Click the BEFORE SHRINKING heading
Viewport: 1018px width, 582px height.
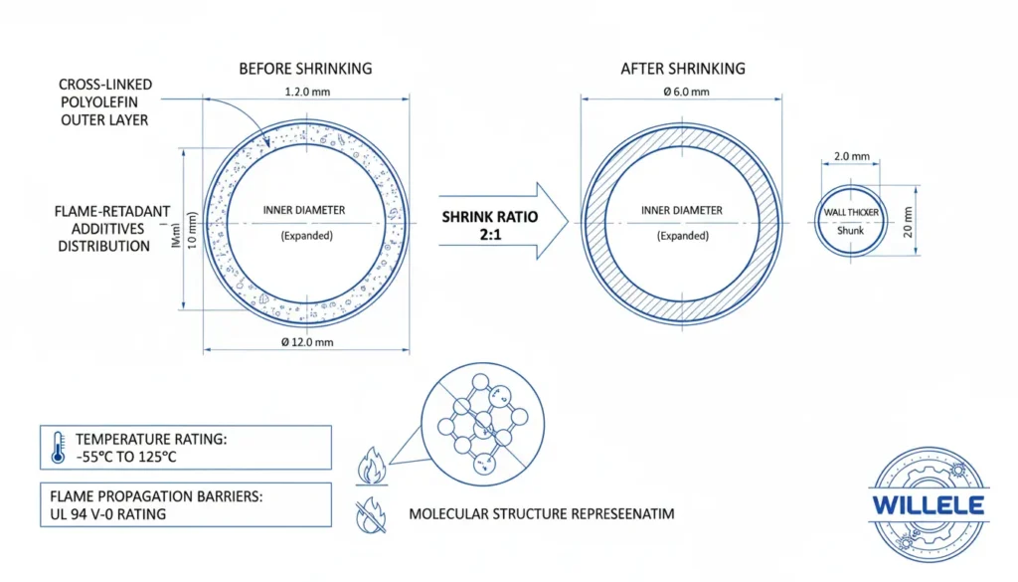click(x=305, y=70)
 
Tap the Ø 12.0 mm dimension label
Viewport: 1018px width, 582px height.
click(x=306, y=342)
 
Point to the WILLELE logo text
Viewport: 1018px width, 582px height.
click(x=928, y=505)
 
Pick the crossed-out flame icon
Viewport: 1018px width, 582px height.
click(x=367, y=514)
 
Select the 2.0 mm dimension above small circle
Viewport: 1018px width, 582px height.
click(x=851, y=156)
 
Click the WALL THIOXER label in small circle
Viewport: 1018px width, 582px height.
click(x=851, y=213)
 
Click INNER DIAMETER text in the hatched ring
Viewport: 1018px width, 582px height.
click(x=682, y=211)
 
